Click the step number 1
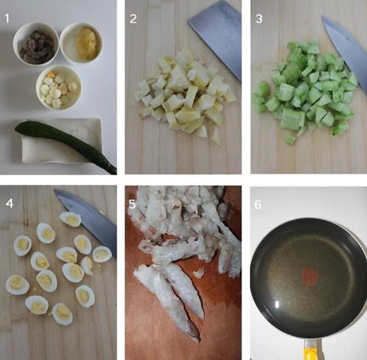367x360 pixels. point(7,18)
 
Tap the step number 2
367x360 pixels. point(133,19)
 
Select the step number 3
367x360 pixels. point(259,19)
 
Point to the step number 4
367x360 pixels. point(10,203)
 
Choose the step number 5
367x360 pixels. point(132,204)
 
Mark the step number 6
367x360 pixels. point(258,205)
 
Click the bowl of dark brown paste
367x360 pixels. point(36,44)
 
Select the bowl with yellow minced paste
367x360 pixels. point(81,43)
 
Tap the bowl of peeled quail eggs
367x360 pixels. point(59,87)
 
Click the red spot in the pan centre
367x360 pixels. point(310,277)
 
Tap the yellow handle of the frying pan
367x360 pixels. point(310,352)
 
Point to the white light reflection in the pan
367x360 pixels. point(277,304)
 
